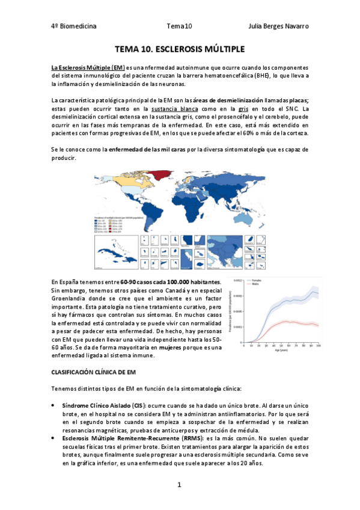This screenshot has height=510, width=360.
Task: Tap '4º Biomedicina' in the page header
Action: click(x=74, y=26)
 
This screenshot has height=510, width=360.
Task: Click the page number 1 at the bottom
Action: click(x=179, y=484)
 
